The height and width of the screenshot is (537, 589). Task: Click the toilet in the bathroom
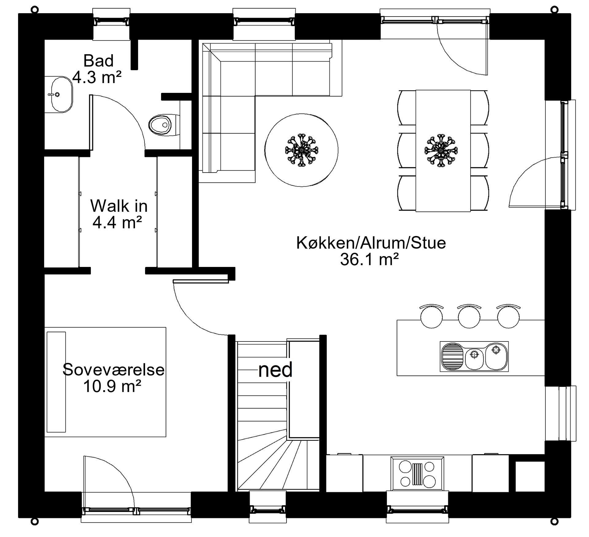[162, 125]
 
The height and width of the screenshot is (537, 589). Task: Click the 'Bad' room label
[98, 61]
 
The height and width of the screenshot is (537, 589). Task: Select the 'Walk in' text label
[119, 206]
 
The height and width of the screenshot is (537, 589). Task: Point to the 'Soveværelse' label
[113, 370]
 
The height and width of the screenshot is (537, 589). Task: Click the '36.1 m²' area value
[369, 260]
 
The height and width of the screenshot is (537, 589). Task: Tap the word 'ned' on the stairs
[275, 370]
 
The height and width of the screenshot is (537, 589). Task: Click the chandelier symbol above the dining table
[441, 150]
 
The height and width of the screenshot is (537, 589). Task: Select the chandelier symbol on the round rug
[302, 150]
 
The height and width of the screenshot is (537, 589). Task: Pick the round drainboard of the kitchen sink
[452, 356]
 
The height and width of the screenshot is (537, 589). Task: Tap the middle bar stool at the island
[469, 317]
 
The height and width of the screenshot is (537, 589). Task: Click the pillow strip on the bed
[56, 382]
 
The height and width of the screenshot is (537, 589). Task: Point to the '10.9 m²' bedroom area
[112, 386]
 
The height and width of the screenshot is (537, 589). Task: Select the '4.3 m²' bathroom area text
[97, 77]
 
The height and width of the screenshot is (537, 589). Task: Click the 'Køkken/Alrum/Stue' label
[371, 243]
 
